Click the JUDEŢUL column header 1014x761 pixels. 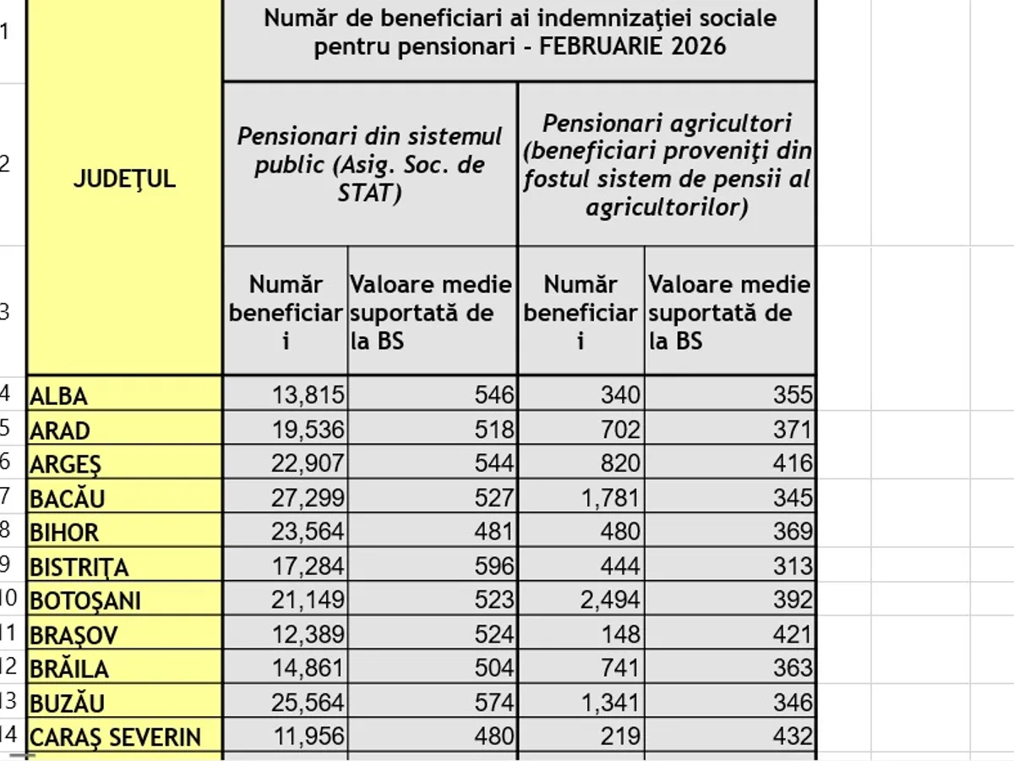[x=124, y=179]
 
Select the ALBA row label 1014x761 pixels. [x=58, y=396]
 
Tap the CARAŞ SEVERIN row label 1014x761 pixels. [x=115, y=736]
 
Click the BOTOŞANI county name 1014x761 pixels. [x=85, y=600]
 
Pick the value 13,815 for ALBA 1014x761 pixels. [x=308, y=395]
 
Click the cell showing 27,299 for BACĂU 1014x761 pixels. [x=308, y=498]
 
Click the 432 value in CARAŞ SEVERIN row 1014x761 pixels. [x=793, y=736]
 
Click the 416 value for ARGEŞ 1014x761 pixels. [x=793, y=463]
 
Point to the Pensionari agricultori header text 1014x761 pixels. [x=667, y=123]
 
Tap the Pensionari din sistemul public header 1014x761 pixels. [x=369, y=135]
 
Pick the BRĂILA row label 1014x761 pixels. [x=69, y=669]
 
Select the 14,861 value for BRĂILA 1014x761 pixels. [x=308, y=668]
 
